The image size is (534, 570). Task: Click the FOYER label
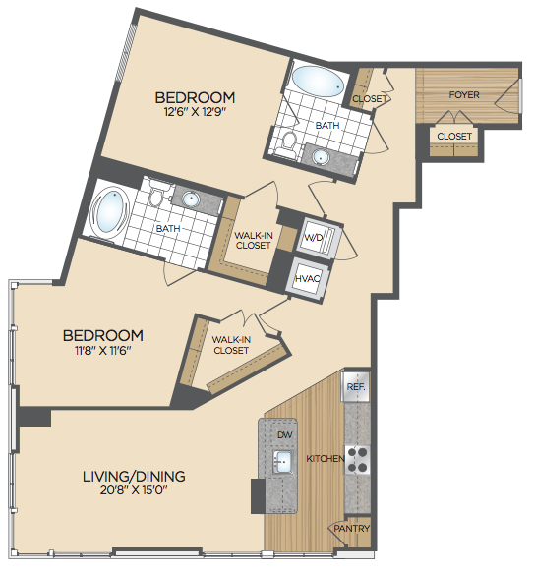[464, 95]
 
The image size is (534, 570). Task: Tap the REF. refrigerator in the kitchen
[356, 386]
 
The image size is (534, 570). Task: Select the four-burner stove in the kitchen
[357, 460]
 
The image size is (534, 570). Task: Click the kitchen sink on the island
[283, 462]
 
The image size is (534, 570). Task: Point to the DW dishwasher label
[285, 434]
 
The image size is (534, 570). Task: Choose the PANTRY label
[352, 528]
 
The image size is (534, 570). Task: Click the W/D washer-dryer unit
[319, 238]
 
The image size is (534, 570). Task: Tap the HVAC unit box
[308, 279]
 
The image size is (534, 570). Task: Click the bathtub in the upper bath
[318, 82]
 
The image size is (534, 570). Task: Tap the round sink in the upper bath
[322, 157]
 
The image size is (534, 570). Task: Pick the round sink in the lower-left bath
[191, 199]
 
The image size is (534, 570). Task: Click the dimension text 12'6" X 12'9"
[196, 111]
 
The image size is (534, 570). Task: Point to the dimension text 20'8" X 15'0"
[134, 490]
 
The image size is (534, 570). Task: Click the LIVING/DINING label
[134, 476]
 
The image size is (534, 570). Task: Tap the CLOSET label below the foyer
[454, 136]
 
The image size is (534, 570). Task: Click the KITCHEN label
[326, 458]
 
